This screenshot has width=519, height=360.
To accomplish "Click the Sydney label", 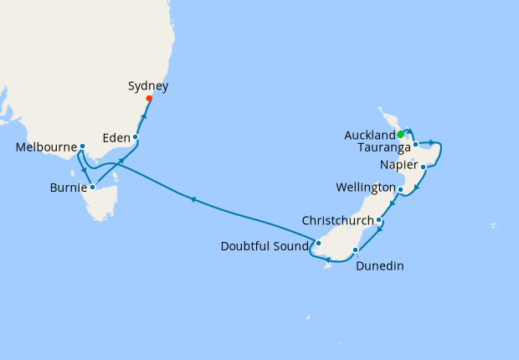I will point(149,86).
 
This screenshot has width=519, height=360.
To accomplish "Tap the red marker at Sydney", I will point(149,99).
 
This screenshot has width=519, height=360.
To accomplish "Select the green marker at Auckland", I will point(401,134).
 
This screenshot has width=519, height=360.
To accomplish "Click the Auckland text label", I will point(369,136).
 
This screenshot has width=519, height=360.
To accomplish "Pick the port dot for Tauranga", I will point(415,145).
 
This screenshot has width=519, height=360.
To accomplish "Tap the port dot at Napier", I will point(424,167).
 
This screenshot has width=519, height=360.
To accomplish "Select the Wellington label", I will point(365,186).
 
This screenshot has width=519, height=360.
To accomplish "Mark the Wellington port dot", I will point(401,190).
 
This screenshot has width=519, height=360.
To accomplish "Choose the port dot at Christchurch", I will point(380,221).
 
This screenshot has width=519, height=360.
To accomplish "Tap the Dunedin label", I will point(380,266).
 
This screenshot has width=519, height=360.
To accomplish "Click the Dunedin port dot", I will point(357,250).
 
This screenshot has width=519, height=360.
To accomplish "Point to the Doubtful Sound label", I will point(265,246).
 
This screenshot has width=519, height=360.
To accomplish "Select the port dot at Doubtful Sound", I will point(318,244).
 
